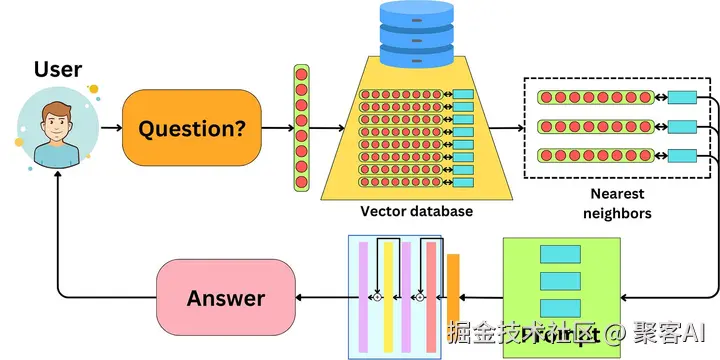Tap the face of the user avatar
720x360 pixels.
click(x=56, y=127)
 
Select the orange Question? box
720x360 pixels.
click(x=192, y=128)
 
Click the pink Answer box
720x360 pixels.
click(x=226, y=298)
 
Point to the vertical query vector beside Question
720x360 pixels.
click(x=301, y=128)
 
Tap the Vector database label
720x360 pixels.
click(x=416, y=211)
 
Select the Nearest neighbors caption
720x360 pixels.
click(x=616, y=203)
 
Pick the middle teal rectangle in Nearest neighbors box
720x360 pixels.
click(x=682, y=127)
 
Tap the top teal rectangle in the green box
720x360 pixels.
click(x=559, y=255)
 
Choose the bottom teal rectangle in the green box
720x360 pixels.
click(x=559, y=306)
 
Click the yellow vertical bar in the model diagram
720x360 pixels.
click(x=388, y=295)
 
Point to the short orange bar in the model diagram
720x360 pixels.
click(x=453, y=290)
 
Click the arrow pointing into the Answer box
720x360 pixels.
click(x=319, y=298)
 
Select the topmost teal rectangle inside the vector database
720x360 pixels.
click(x=464, y=96)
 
